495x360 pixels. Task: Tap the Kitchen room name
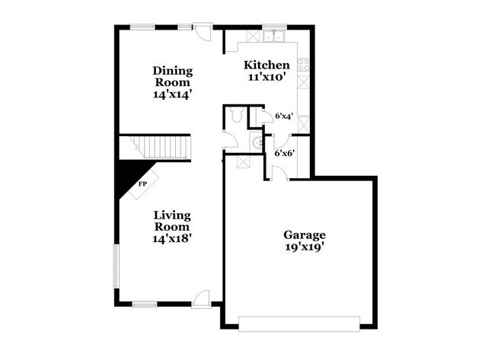click(x=266, y=65)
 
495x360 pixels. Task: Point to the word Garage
click(x=304, y=234)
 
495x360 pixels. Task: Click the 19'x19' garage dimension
click(x=304, y=247)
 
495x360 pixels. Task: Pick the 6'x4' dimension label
click(x=284, y=116)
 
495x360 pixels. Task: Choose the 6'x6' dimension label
click(x=284, y=152)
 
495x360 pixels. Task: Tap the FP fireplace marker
click(x=142, y=183)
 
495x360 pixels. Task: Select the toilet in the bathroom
click(x=235, y=115)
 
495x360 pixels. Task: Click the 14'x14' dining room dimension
click(x=172, y=95)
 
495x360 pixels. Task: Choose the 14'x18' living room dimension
click(x=171, y=238)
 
